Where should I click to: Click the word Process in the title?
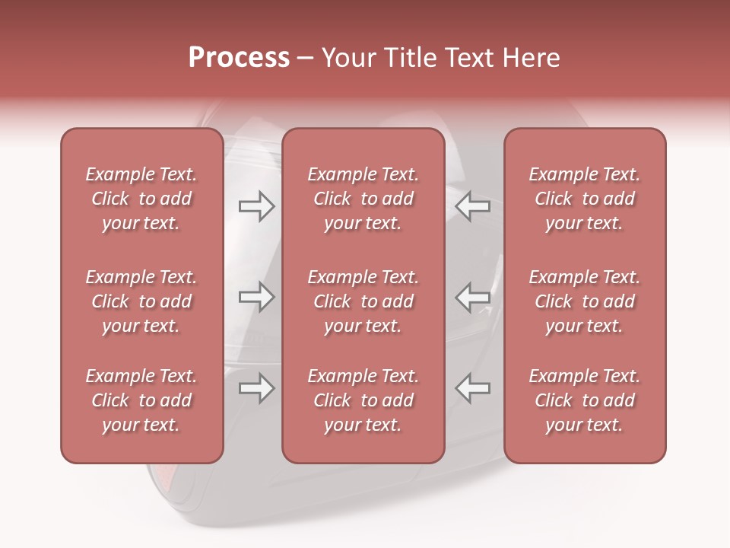point(239,58)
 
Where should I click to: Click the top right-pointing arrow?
point(256,206)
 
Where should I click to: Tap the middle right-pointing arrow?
point(256,297)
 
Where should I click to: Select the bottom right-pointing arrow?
point(256,389)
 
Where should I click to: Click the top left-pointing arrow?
point(472,206)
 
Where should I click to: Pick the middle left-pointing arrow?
point(472,297)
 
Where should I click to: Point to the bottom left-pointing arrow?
point(472,389)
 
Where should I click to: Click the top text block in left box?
point(141,199)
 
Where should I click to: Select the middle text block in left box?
point(141,301)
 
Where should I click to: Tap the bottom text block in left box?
point(141,400)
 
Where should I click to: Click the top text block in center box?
point(363,199)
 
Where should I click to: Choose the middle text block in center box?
point(363,301)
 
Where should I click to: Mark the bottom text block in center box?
point(363,400)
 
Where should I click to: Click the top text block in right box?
point(585,199)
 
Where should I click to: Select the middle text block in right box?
point(585,301)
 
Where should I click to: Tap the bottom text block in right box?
point(585,400)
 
